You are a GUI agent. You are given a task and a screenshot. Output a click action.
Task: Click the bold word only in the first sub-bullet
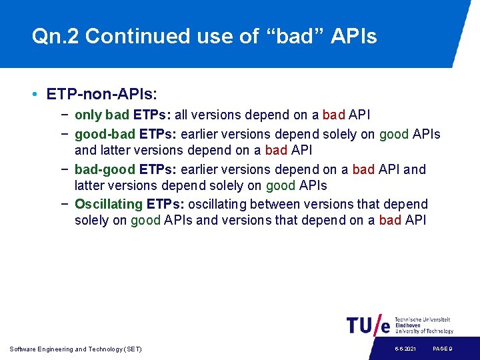pos(87,115)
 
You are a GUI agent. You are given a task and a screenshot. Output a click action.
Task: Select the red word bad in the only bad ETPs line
pos(333,115)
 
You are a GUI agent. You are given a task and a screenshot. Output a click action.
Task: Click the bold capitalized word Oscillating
pos(109,204)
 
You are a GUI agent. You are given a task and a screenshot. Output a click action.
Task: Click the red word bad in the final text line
pos(390,221)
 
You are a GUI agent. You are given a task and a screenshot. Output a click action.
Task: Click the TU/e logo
pos(369,325)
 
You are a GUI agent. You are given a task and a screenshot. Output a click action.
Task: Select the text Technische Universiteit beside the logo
pos(423,319)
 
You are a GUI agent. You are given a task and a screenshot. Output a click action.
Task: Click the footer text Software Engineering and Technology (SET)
pos(75,349)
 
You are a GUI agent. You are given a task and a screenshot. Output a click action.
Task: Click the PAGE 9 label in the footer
pos(443,349)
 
